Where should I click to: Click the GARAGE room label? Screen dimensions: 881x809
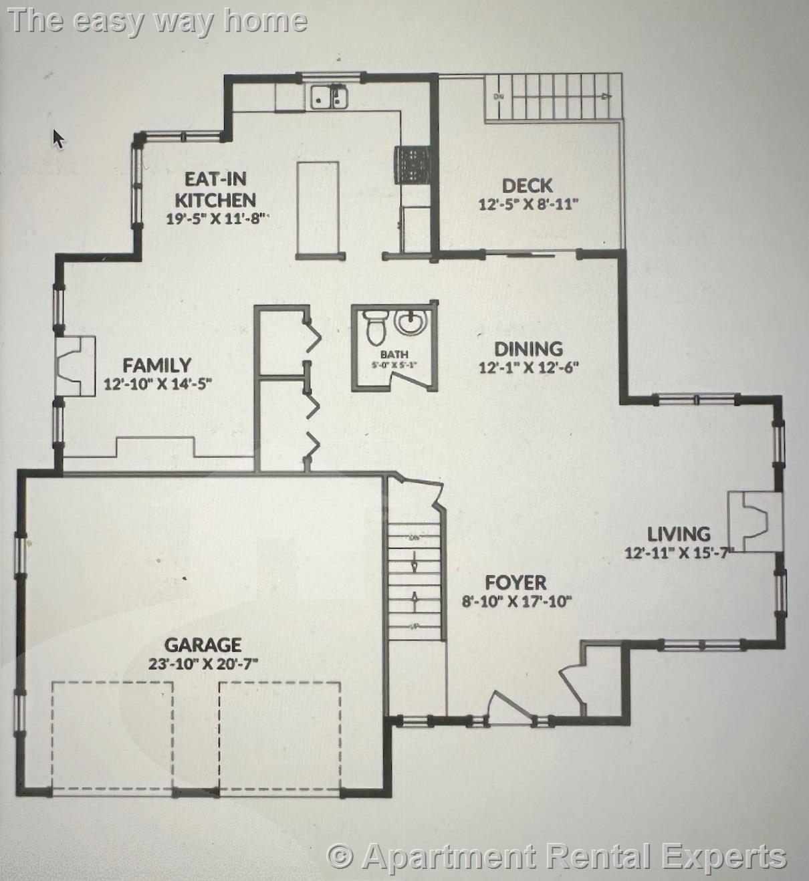pyautogui.click(x=203, y=645)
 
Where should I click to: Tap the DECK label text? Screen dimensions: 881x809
pyautogui.click(x=527, y=186)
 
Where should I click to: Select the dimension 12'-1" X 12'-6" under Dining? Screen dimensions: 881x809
pyautogui.click(x=528, y=367)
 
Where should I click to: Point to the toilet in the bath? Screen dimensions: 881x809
pyautogui.click(x=376, y=326)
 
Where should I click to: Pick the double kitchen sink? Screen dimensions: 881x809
pyautogui.click(x=329, y=97)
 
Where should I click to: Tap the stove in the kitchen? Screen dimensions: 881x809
pyautogui.click(x=413, y=165)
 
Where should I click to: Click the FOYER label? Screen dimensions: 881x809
pyautogui.click(x=515, y=582)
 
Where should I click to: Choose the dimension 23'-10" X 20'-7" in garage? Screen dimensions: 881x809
pyautogui.click(x=203, y=664)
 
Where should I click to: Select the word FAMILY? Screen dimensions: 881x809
pyautogui.click(x=157, y=366)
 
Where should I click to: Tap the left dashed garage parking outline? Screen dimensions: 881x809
pyautogui.click(x=112, y=735)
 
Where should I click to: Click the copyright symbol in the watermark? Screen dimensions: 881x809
pyautogui.click(x=340, y=856)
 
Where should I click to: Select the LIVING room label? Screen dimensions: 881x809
pyautogui.click(x=678, y=534)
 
